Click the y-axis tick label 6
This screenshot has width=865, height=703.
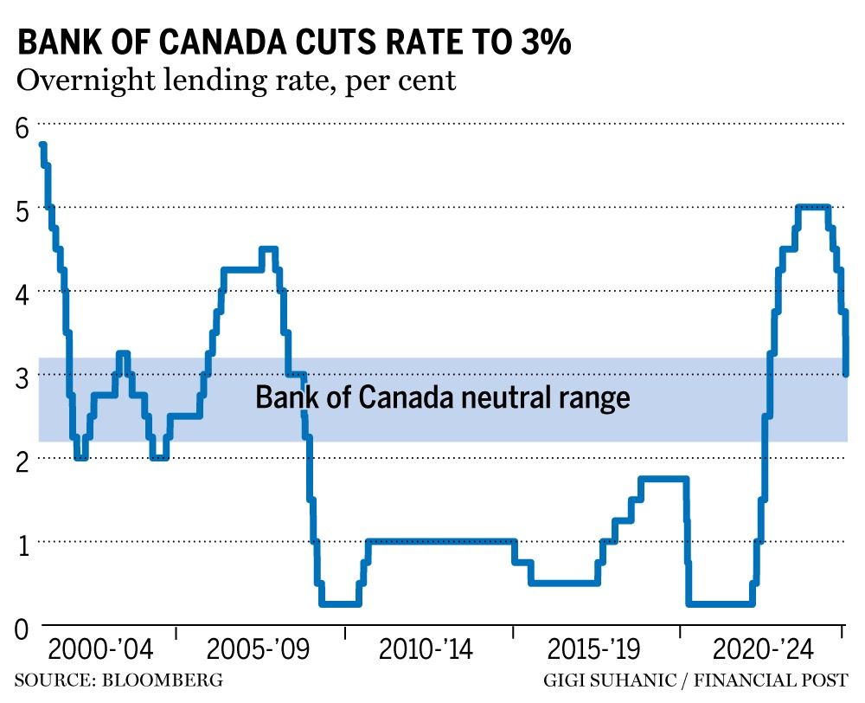22,126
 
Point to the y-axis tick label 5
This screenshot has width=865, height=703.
22,210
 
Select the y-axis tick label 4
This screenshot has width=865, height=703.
22,294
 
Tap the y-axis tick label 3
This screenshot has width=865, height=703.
22,378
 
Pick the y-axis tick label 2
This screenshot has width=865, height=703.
22,461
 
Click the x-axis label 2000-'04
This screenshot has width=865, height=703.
100,650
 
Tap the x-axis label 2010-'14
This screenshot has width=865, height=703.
426,650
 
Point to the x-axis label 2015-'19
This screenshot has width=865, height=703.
594,650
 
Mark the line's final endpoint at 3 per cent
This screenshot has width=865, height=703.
845,374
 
